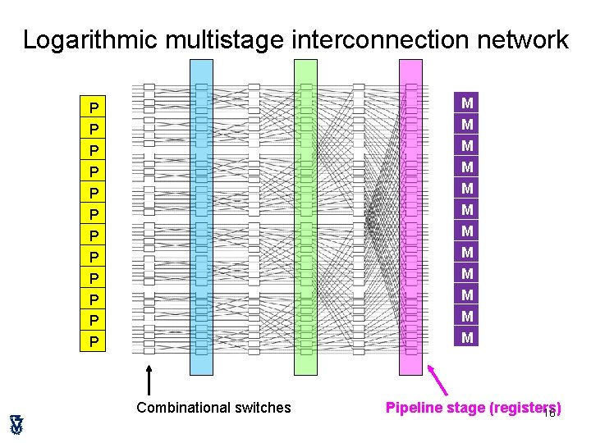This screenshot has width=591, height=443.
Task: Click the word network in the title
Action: tap(520, 39)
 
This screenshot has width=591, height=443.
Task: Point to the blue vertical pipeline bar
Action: tap(201, 217)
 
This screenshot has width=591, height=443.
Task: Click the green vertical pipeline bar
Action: tap(305, 217)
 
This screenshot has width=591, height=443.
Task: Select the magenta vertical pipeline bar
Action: tap(410, 217)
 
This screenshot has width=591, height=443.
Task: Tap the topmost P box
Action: tap(95, 107)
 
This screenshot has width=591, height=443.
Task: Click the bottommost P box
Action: tap(95, 340)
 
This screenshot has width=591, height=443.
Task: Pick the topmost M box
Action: tap(467, 103)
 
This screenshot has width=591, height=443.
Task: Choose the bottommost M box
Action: tap(467, 336)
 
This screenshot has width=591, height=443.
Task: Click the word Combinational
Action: tap(184, 408)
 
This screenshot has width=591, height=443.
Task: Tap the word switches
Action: tap(263, 408)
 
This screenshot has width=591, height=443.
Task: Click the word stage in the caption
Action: tap(466, 408)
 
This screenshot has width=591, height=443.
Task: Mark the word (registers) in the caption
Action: tap(525, 408)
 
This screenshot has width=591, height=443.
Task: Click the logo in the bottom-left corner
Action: tap(16, 424)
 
